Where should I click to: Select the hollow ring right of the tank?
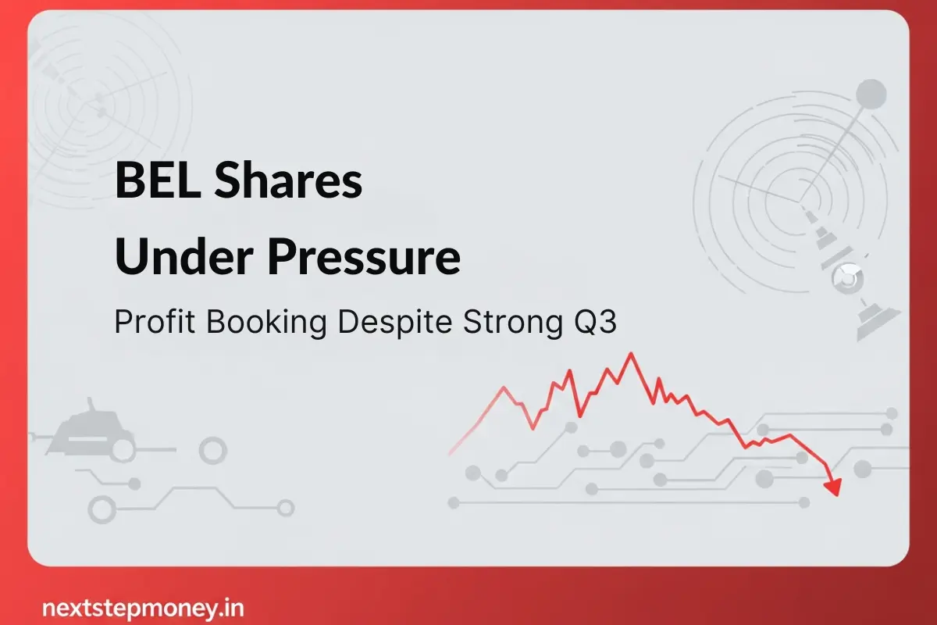(x=212, y=449)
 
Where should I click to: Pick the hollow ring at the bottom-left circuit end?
(x=102, y=509)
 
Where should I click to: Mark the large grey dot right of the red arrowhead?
(x=863, y=469)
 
